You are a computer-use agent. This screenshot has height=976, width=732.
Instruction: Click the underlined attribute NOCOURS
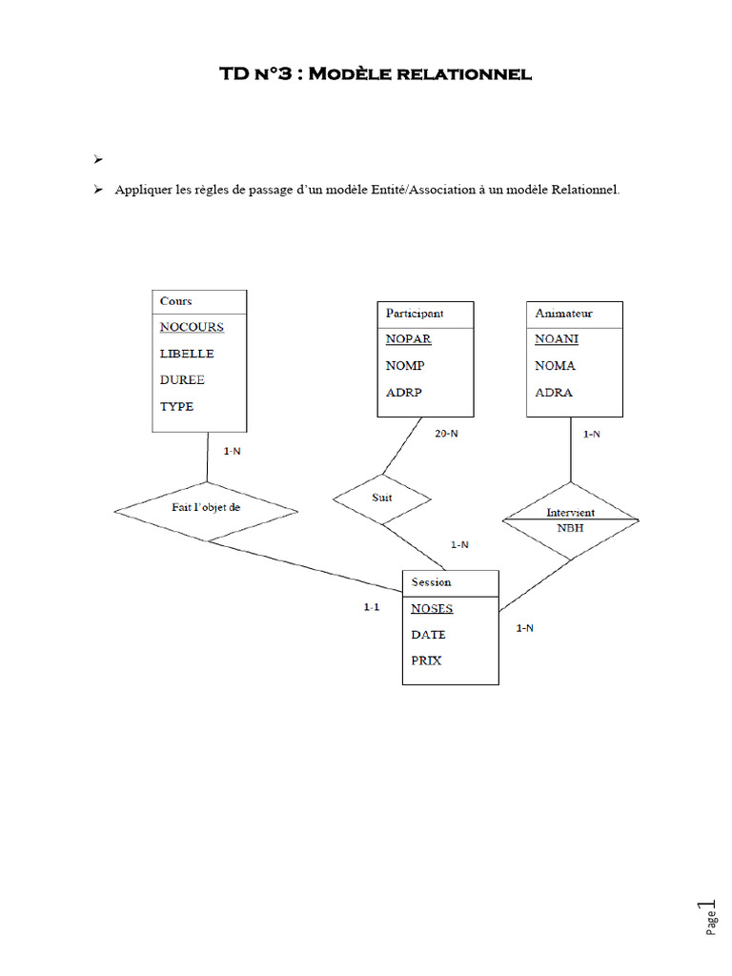192,328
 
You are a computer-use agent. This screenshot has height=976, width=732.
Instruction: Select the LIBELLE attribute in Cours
187,354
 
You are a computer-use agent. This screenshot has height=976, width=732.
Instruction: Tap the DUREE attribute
182,379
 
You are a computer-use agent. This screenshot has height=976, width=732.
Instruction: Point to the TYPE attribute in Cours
176,406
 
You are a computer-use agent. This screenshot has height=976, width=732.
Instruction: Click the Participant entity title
415,313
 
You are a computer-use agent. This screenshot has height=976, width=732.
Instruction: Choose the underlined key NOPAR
408,339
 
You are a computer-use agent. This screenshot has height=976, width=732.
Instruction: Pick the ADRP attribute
403,393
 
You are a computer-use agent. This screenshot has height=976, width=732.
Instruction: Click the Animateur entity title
564,313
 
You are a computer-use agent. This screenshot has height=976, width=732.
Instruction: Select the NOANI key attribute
557,339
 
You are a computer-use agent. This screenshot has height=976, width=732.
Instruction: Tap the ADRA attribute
554,393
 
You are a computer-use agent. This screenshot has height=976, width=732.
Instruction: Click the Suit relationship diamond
382,498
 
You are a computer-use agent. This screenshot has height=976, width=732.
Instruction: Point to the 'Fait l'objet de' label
206,507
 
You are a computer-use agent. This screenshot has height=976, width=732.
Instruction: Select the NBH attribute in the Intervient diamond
570,528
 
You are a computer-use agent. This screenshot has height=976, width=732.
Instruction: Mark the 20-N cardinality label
446,434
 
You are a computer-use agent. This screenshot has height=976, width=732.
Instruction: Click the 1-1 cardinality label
372,607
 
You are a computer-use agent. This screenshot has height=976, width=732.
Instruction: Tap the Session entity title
431,582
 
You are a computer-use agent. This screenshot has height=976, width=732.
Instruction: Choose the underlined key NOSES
432,609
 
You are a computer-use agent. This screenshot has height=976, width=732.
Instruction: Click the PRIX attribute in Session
426,661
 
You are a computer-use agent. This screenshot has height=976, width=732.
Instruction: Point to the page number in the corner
708,917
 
